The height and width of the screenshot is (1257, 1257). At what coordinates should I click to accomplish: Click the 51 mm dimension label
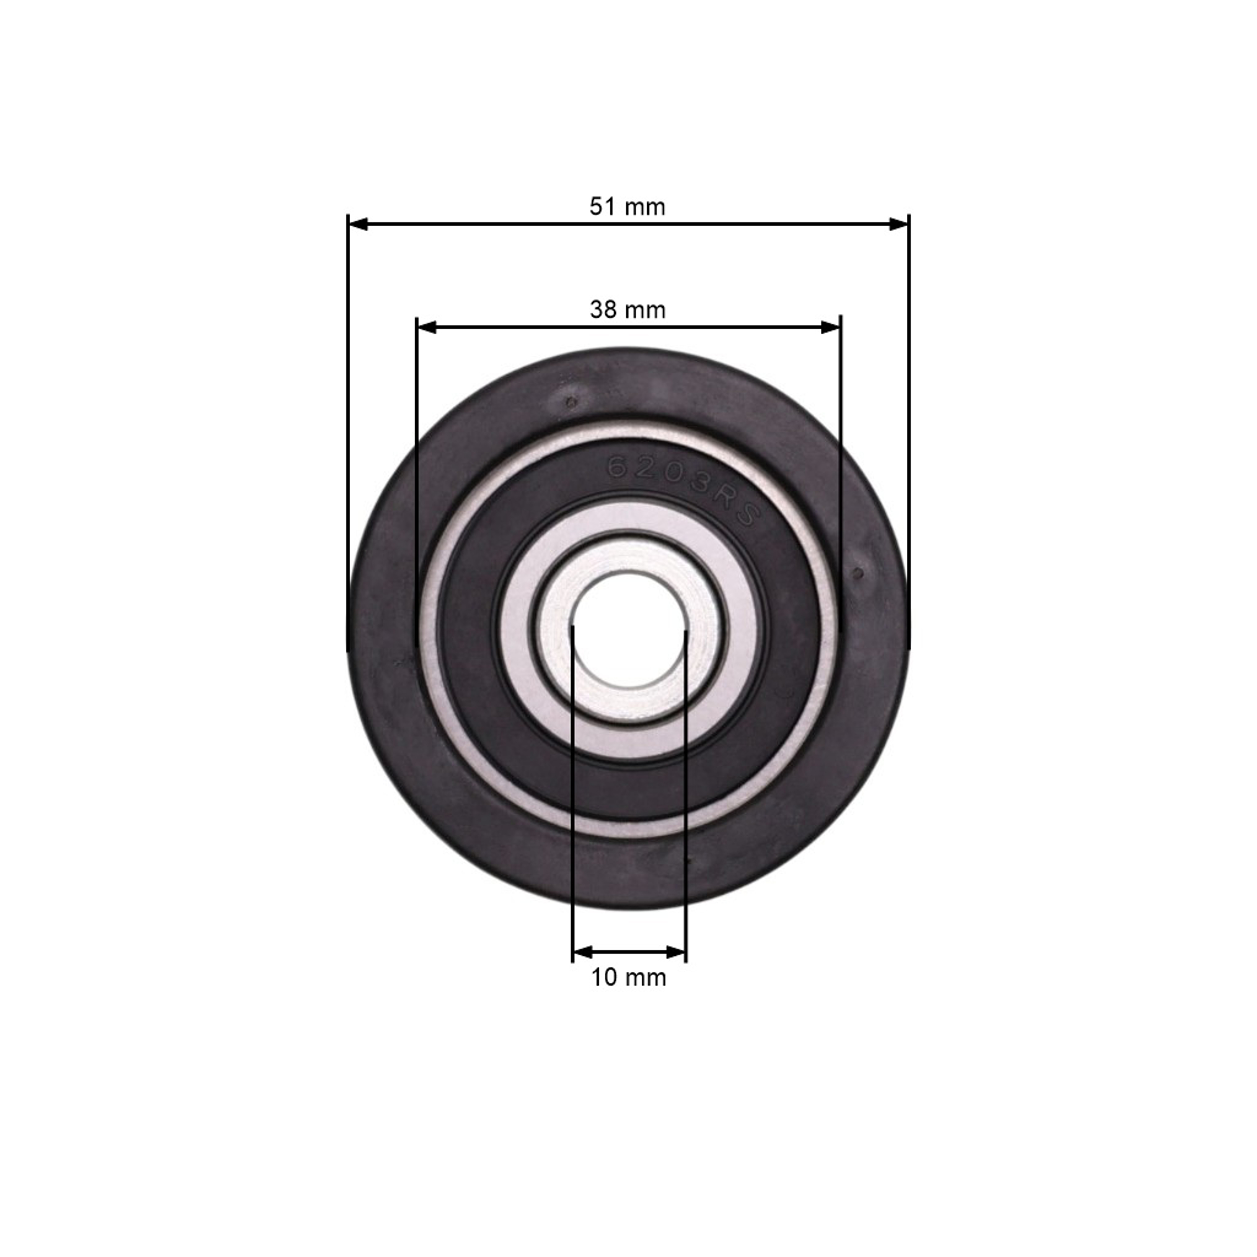[627, 207]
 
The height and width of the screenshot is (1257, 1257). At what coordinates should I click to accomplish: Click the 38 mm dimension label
[628, 310]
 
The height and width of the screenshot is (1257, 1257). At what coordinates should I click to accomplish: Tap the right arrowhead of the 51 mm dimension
[898, 224]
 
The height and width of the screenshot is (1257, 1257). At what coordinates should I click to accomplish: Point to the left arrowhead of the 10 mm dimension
[582, 952]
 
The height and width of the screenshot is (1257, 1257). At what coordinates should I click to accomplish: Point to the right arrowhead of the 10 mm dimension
[676, 952]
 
